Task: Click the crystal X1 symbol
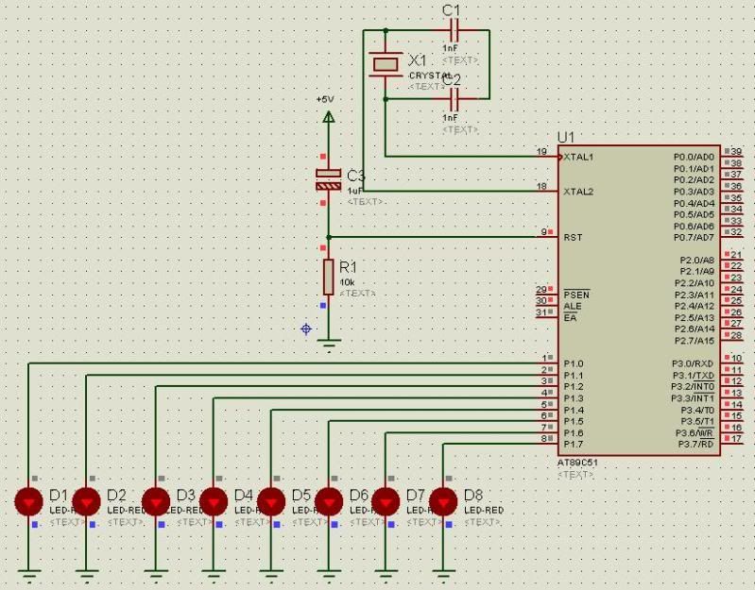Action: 386,64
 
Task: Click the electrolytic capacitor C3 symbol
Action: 328,179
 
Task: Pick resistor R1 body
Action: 328,278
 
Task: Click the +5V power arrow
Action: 328,116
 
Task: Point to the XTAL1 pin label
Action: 578,157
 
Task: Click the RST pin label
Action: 573,237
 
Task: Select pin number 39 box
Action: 736,151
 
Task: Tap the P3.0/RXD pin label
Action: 693,363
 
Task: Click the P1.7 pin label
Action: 574,444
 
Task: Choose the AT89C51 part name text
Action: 577,464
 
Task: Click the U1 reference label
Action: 566,137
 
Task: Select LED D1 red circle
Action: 29,500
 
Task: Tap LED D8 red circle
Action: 443,500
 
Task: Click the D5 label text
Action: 301,495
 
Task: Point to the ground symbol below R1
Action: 328,343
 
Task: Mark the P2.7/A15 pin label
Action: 695,340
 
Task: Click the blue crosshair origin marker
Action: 305,329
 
